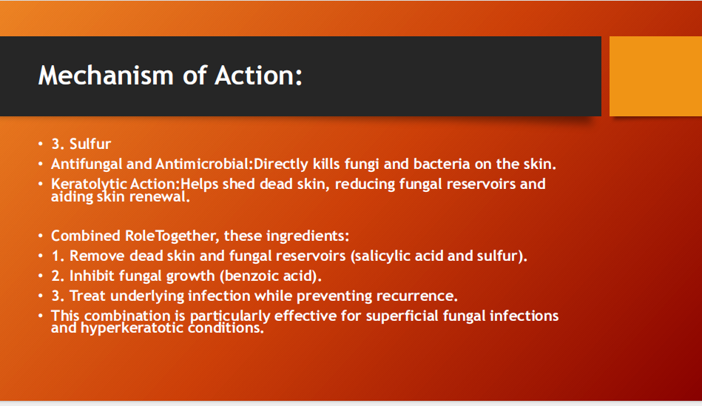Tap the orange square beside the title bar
[655, 76]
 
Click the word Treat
[90, 296]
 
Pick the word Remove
[98, 256]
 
